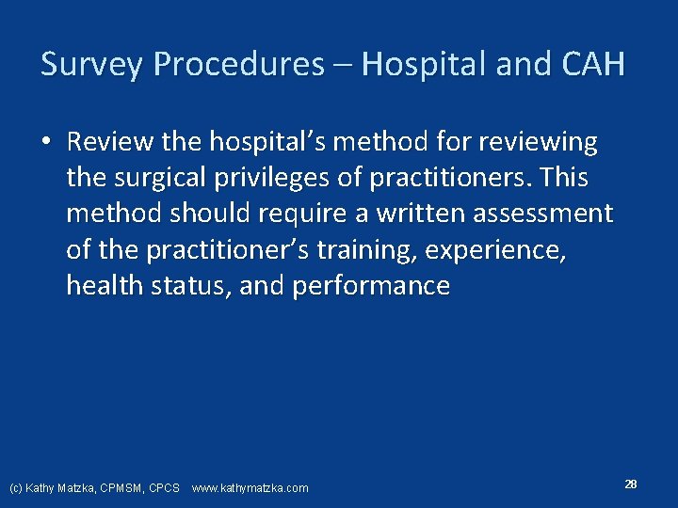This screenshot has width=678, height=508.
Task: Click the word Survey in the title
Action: (92, 65)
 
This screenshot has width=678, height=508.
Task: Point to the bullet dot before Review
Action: (45, 143)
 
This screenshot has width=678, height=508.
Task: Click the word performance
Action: (371, 285)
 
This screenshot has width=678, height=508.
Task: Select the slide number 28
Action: (631, 484)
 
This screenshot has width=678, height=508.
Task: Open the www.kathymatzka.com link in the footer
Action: (250, 487)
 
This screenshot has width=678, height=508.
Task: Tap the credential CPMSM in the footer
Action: (120, 487)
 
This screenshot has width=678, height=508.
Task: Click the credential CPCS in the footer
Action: (164, 487)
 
